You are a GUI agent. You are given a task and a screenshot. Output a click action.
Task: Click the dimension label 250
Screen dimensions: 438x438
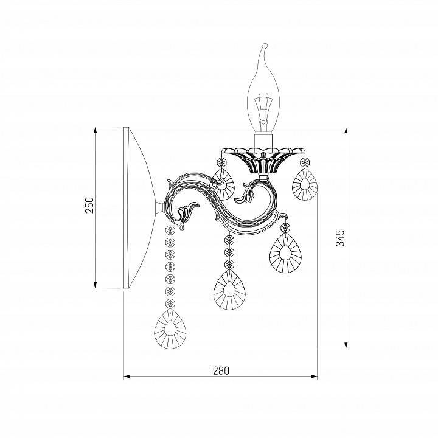click(89, 205)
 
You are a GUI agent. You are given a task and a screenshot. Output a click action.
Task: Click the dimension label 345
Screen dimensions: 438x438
click(340, 238)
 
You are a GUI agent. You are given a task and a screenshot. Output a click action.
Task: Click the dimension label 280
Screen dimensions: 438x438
click(221, 370)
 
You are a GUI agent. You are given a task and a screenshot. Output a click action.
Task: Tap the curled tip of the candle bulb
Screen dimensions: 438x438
click(265, 45)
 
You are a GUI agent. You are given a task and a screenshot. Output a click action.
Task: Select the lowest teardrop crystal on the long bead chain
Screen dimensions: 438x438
click(170, 329)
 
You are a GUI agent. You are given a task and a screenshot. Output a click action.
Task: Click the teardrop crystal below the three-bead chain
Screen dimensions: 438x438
click(229, 291)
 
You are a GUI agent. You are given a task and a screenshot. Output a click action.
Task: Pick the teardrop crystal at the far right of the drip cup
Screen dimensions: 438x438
click(305, 184)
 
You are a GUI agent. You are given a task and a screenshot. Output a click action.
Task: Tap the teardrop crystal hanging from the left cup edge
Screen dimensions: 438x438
click(223, 185)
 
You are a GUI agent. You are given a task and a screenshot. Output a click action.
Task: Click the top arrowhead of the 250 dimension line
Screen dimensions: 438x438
click(96, 130)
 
